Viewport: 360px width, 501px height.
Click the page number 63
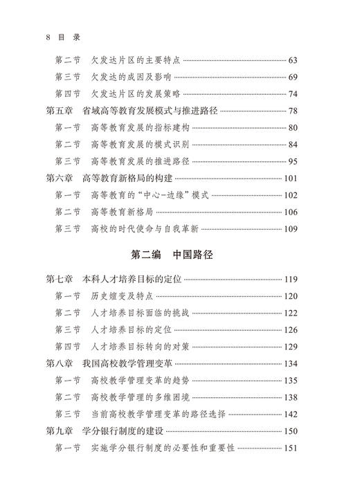point(291,60)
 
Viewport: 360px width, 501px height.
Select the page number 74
point(291,94)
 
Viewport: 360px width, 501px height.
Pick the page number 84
point(291,144)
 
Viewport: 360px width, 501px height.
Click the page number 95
point(291,161)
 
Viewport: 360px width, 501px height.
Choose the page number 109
point(289,228)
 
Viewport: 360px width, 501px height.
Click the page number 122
point(289,313)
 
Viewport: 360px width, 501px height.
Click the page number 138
point(289,397)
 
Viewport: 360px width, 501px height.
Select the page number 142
point(289,414)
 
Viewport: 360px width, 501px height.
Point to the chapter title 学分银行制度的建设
point(127,430)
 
